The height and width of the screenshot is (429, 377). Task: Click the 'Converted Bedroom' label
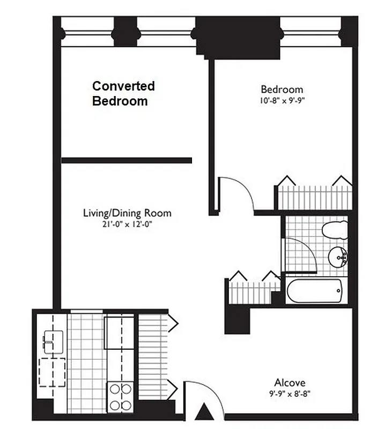(x=123, y=93)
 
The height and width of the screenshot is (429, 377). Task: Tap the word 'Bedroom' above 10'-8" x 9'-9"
(x=282, y=89)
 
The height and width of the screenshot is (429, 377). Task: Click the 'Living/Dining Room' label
(x=127, y=213)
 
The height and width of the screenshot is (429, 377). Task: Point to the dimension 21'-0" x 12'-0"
(x=127, y=224)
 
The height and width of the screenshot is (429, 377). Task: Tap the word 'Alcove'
(x=290, y=382)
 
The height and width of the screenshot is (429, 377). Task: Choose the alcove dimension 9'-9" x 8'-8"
(x=290, y=393)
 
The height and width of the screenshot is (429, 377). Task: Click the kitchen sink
(x=54, y=341)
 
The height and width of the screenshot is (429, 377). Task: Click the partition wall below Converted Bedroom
(x=127, y=160)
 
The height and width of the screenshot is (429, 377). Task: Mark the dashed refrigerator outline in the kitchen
(x=53, y=372)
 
